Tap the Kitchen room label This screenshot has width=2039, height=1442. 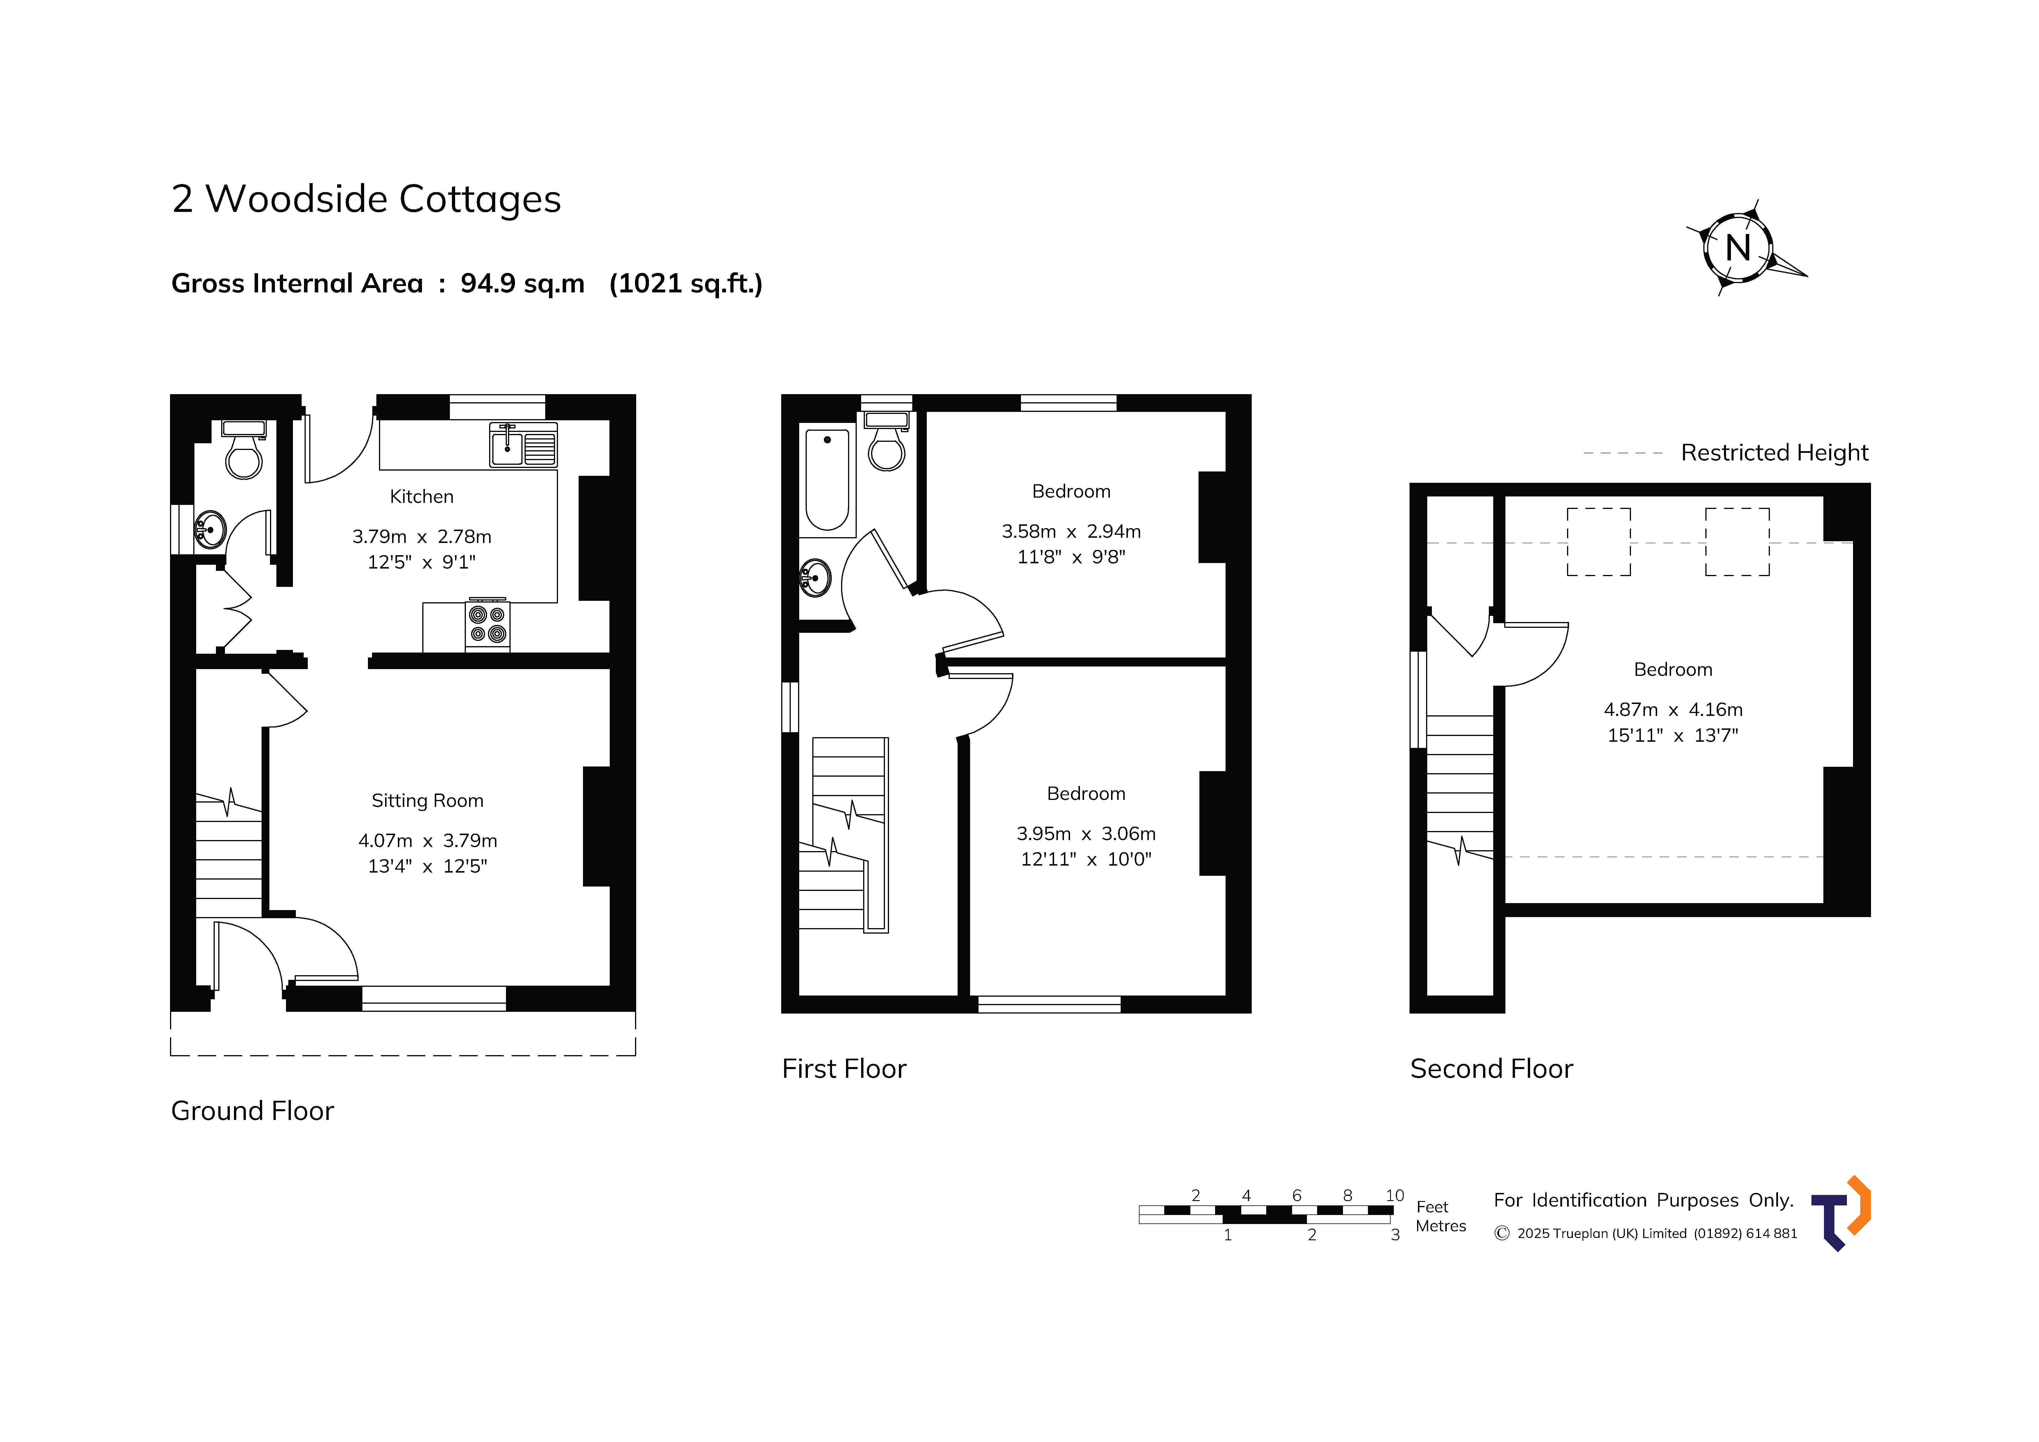(x=422, y=497)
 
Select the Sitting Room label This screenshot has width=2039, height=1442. (x=427, y=800)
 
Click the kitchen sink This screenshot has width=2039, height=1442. (x=523, y=444)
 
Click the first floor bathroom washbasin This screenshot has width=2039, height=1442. (x=815, y=578)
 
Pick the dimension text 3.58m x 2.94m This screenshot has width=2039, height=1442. (x=1071, y=531)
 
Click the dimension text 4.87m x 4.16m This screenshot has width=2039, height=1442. (x=1673, y=710)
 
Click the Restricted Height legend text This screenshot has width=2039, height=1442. (x=1774, y=453)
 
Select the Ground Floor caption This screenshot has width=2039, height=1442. (x=252, y=1111)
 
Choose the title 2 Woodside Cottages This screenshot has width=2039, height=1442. (x=366, y=199)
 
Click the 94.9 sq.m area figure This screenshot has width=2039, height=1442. (x=522, y=283)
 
